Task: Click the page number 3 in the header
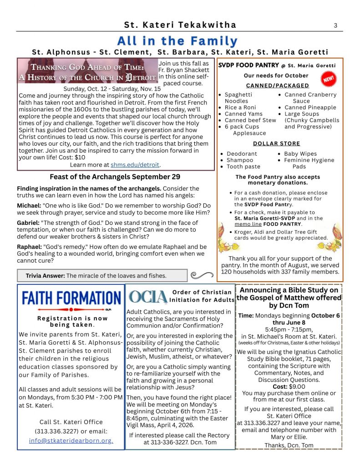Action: coord(335,25)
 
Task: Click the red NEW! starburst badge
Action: coord(328,80)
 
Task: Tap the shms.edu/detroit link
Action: coord(135,165)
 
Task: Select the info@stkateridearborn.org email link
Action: coord(71,441)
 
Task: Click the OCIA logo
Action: coord(148,296)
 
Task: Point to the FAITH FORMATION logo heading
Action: coord(71,299)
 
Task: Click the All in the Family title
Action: coord(177,41)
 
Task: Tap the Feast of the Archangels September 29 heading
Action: coord(115,177)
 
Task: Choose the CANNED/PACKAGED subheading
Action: coord(277,86)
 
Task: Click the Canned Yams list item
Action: coord(243,114)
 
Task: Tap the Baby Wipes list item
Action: coord(300,154)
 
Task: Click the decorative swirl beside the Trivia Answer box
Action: coord(202,274)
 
